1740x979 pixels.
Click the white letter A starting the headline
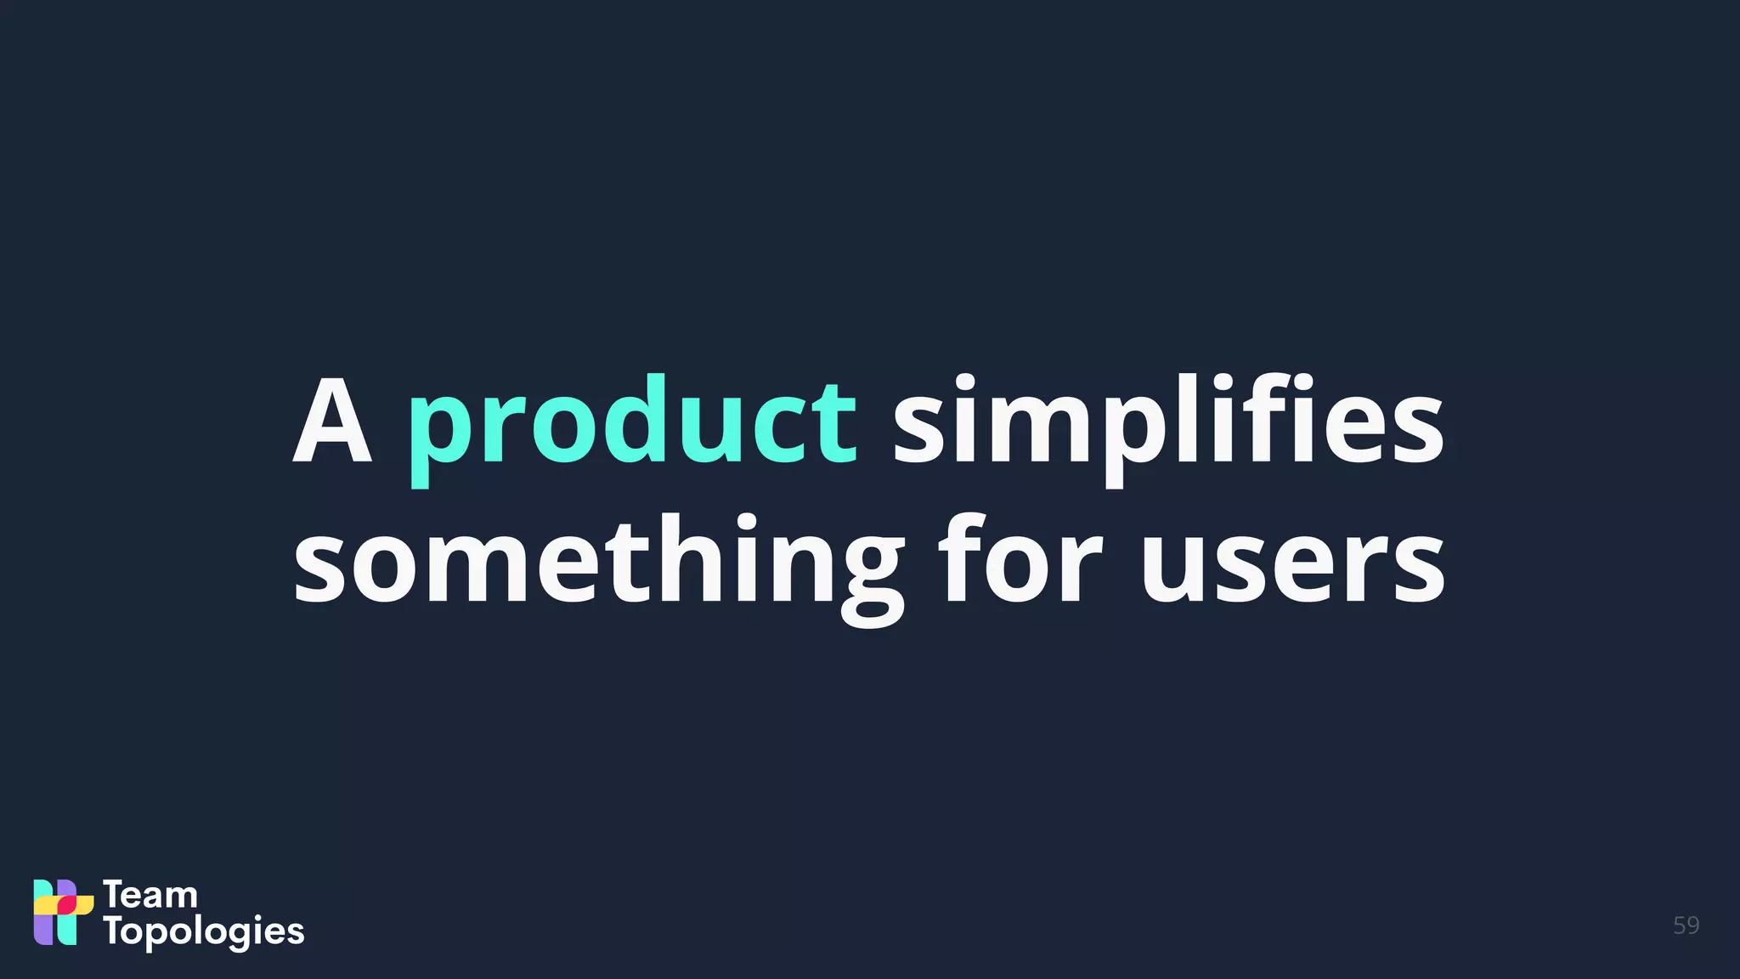pos(332,422)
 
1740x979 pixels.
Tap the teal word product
pos(632,425)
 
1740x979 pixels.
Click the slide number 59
pos(1686,925)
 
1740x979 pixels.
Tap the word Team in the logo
pos(150,896)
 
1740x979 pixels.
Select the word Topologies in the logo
pos(204,932)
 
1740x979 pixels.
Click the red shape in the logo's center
pos(66,905)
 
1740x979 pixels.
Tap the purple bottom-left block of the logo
pos(42,930)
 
